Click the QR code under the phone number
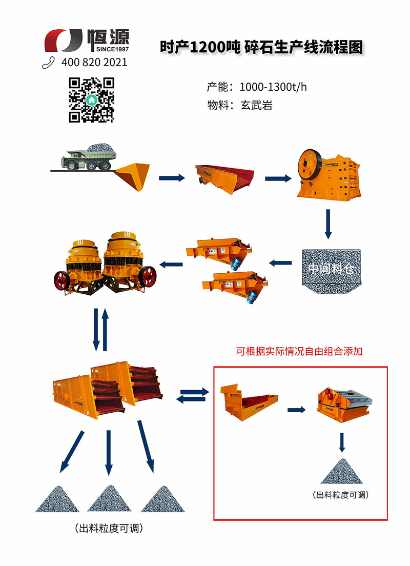coord(91,99)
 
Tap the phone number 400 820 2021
coord(94,63)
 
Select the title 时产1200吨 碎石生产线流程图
coord(261,48)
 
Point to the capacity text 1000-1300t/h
coord(273,87)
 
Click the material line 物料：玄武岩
coord(239,106)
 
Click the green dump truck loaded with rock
coord(88,156)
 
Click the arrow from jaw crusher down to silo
coord(328,223)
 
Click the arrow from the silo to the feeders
coord(280,264)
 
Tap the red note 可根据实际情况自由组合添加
coord(300,352)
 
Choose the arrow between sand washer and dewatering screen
coord(296,410)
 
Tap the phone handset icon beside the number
coord(49,63)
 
